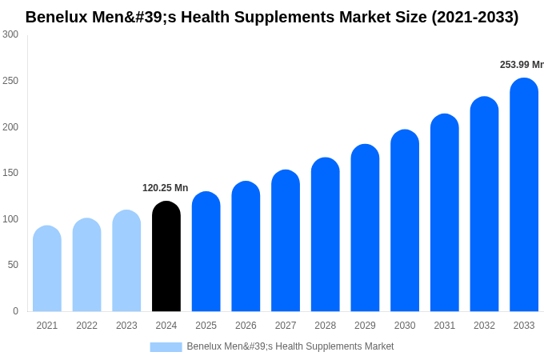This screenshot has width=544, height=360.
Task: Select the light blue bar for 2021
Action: (x=47, y=269)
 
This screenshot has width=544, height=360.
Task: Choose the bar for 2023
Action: (x=126, y=261)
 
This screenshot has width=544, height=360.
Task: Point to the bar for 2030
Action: (x=405, y=221)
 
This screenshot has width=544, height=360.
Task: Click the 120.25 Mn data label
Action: (x=165, y=188)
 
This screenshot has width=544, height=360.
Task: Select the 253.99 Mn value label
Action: (x=521, y=65)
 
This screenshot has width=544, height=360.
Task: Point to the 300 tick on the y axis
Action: (x=10, y=34)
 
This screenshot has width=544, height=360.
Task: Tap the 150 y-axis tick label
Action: (x=10, y=173)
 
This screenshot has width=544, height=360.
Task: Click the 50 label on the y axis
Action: (x=13, y=265)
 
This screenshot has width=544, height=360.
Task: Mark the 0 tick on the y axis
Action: (x=15, y=311)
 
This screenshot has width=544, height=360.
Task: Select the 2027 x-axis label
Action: (x=286, y=326)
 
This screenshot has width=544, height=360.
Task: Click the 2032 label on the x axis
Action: (x=484, y=326)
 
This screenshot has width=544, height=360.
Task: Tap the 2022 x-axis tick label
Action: (x=86, y=326)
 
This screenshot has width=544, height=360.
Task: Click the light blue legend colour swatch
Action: (x=166, y=346)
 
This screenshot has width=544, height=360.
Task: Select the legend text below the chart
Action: (x=290, y=346)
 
